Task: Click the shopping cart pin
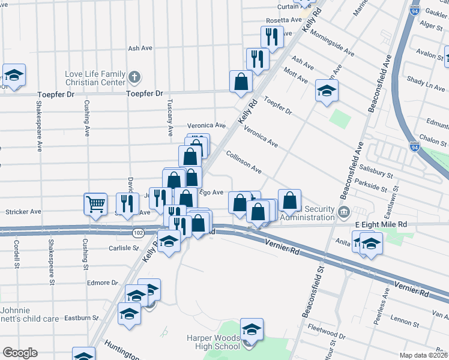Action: [95, 204]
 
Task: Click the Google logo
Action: [20, 353]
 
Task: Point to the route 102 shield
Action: [139, 232]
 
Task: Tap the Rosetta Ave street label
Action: [283, 20]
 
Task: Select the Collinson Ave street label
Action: [244, 163]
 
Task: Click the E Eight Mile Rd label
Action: [381, 224]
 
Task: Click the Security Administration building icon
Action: [343, 211]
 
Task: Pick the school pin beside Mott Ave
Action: [327, 92]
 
